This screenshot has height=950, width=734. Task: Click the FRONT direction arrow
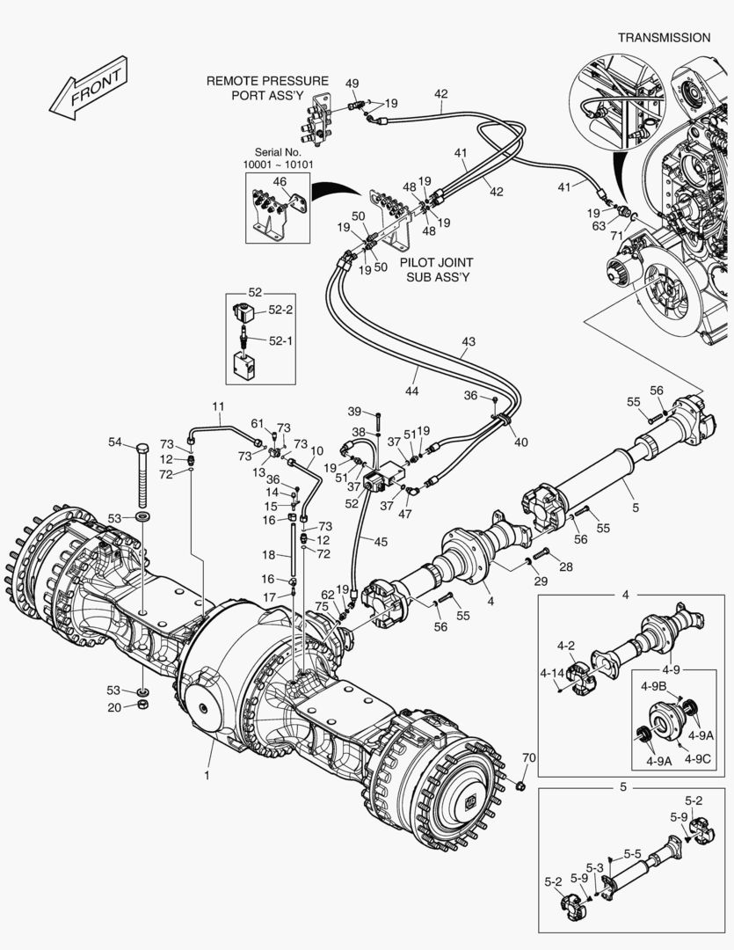[87, 88]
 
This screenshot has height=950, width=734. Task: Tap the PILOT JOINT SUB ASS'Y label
[437, 269]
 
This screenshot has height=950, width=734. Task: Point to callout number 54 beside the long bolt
[115, 442]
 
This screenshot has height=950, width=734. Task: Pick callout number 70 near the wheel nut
[527, 757]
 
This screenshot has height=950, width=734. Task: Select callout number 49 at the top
[352, 84]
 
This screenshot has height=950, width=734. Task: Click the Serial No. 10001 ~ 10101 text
[279, 158]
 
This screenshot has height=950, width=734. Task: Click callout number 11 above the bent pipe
[218, 406]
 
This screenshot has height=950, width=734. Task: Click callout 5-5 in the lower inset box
[632, 853]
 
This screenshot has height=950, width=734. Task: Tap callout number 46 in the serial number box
[280, 182]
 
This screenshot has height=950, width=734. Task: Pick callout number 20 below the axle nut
[115, 706]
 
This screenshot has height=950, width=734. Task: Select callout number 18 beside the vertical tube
[270, 555]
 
